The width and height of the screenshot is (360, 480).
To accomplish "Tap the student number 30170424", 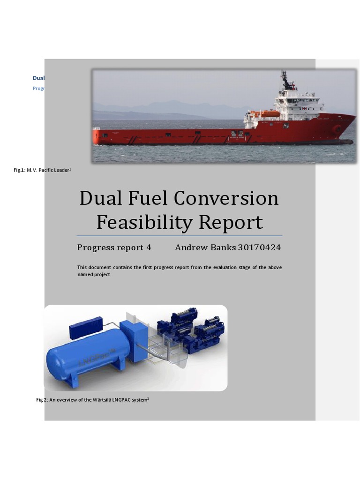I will pyautogui.click(x=259, y=247).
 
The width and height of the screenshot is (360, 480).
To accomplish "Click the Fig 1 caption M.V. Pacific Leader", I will pyautogui.click(x=42, y=170).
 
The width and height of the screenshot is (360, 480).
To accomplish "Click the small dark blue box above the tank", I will pyautogui.click(x=86, y=327).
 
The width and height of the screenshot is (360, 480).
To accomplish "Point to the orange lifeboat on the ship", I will pyautogui.click(x=270, y=114).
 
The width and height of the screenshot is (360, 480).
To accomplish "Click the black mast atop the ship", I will pyautogui.click(x=285, y=81).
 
